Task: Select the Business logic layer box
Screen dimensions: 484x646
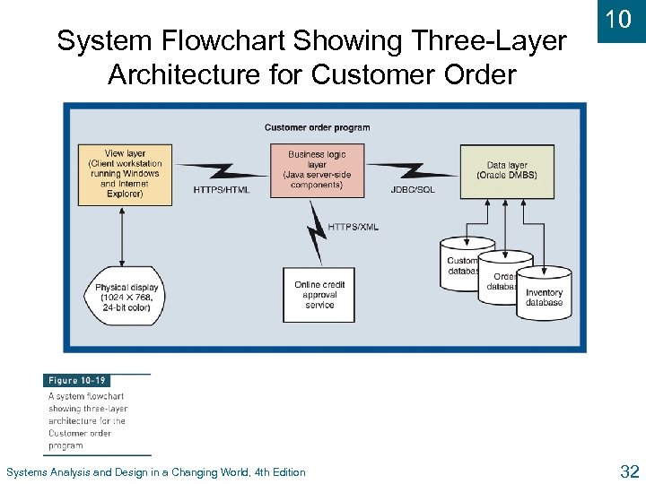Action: (317, 170)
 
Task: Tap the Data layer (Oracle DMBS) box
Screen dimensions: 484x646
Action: (506, 171)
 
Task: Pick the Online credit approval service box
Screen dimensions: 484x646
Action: (319, 295)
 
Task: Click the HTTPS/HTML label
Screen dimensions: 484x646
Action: (221, 189)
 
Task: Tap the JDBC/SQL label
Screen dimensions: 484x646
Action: (414, 190)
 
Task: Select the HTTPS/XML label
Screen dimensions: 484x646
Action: (353, 227)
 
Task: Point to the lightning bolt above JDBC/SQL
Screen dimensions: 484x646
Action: (413, 171)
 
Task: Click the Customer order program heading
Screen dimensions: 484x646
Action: (317, 127)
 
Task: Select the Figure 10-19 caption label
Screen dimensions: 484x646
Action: (76, 381)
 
